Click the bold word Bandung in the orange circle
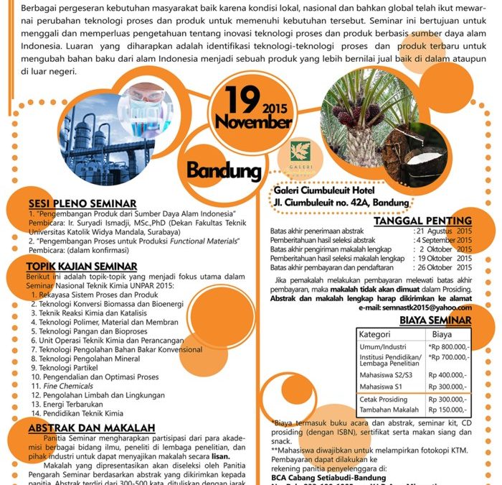pos(224,170)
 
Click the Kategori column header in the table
pos(374,334)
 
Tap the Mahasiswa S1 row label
pos(381,387)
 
